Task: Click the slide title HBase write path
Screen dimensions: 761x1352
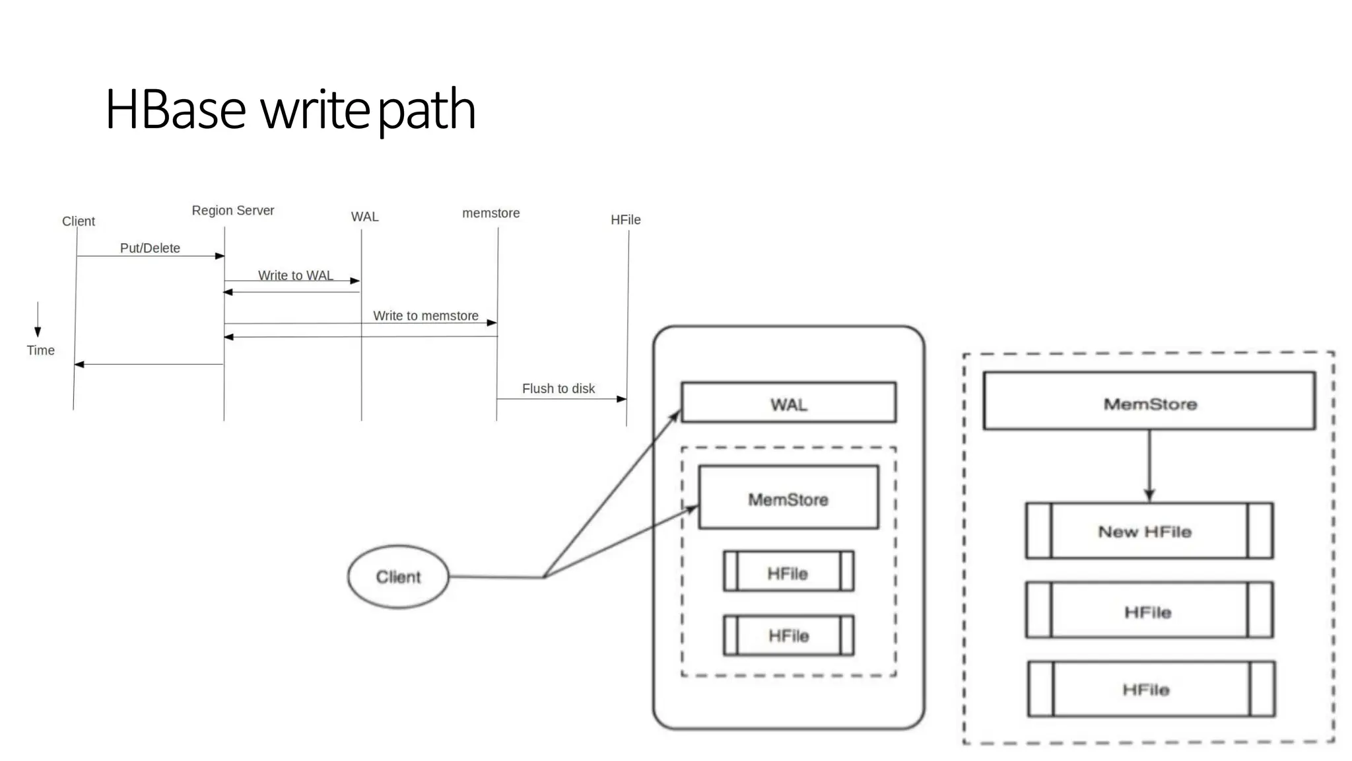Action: tap(290, 110)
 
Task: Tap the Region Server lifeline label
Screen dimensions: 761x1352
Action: tap(232, 211)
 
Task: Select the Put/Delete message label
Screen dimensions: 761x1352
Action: tap(150, 248)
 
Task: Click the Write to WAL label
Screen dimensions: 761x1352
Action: tap(295, 275)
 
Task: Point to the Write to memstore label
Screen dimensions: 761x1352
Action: tap(425, 316)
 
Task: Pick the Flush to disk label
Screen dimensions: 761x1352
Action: tap(558, 388)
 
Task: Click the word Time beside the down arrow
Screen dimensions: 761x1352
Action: tap(40, 351)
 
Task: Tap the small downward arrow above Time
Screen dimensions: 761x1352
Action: tap(38, 320)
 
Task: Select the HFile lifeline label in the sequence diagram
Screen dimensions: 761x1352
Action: tap(625, 220)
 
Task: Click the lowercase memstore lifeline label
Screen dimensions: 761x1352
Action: tap(490, 213)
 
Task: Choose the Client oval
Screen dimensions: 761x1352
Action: tap(398, 577)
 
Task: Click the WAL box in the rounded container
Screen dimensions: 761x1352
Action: tap(788, 402)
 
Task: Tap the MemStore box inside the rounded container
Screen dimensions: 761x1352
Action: tap(788, 497)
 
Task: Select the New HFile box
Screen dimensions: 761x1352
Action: tap(1149, 531)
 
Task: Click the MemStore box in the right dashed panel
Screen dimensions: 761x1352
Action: tap(1149, 401)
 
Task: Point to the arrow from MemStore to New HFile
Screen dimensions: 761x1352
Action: tap(1149, 466)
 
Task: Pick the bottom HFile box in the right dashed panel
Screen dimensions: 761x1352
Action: tap(1151, 689)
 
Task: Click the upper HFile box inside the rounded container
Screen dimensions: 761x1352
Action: tap(788, 571)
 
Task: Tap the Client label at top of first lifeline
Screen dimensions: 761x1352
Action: tap(78, 221)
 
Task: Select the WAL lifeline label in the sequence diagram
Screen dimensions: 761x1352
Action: tap(364, 217)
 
